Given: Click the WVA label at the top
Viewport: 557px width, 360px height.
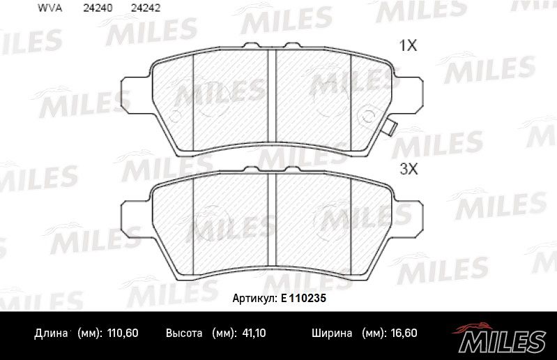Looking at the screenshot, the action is coord(49,8).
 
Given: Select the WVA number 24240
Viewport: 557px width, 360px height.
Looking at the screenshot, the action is coord(98,8).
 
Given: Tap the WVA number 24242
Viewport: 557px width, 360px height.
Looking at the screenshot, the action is coord(146,8).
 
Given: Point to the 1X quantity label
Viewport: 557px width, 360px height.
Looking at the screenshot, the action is coord(408,45).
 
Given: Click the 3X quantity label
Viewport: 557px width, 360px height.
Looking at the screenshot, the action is coord(409,169).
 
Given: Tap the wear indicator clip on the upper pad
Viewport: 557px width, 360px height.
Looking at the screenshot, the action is coord(391,127).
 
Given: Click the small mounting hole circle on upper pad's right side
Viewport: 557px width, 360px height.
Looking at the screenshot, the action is coord(367,116).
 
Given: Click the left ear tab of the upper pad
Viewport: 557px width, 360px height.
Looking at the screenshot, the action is coord(136,93).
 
